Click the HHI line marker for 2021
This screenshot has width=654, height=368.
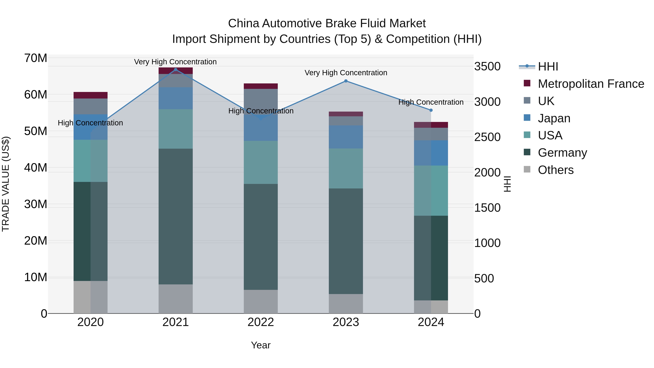(175, 70)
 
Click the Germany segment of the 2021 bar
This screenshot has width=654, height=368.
(175, 216)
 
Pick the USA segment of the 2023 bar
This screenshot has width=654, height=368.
(346, 168)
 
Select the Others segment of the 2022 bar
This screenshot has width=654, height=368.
(261, 301)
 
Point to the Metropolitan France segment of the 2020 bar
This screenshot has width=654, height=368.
(90, 95)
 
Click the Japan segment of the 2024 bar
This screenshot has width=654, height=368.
(431, 153)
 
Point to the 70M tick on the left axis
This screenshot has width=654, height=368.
(36, 58)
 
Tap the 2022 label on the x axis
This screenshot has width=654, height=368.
(261, 322)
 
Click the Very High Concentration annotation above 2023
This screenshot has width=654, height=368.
(346, 73)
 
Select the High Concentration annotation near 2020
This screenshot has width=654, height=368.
(90, 123)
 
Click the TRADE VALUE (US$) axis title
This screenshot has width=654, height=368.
(6, 184)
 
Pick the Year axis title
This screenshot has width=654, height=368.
(261, 345)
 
